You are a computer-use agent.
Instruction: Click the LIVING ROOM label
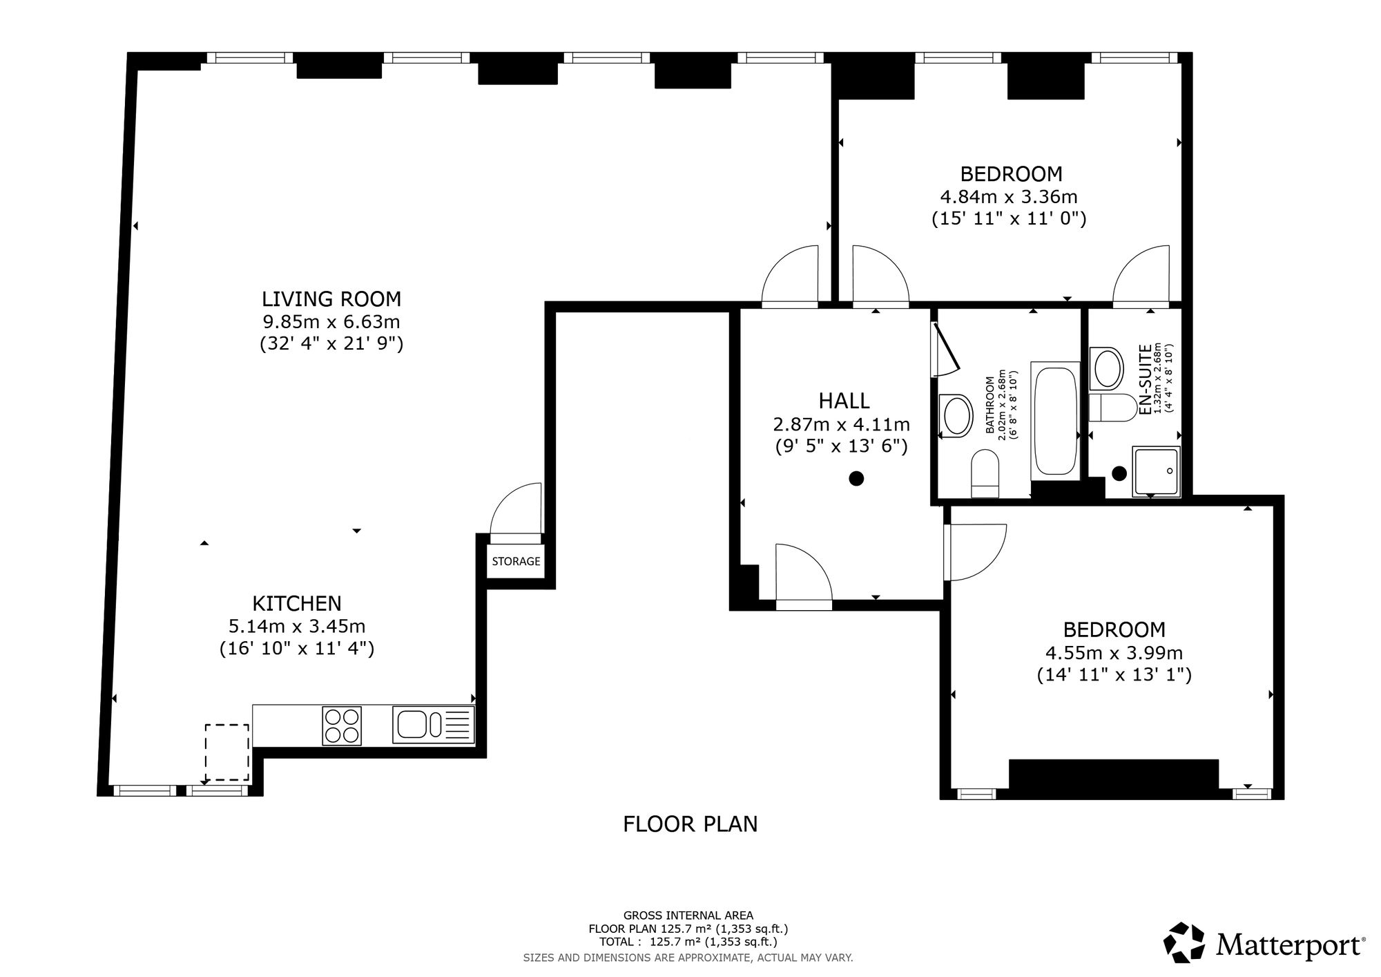[331, 299]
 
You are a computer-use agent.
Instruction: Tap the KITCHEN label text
[297, 604]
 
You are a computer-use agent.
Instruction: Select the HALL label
[844, 401]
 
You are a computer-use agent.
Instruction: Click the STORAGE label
[516, 561]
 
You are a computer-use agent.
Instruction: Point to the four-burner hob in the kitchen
[342, 725]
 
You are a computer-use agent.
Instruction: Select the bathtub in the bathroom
[1054, 420]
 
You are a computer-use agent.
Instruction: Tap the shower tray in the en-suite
[1157, 472]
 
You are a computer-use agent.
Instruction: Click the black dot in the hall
[856, 478]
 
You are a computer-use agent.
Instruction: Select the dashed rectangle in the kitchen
[227, 752]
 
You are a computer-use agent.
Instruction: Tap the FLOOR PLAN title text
[690, 824]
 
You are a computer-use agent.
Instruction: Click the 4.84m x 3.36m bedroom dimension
[1009, 197]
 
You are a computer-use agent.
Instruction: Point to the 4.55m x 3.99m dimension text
[1114, 653]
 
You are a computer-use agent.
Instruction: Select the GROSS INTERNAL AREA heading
[688, 916]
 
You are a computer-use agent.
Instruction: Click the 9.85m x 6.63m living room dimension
[331, 322]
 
